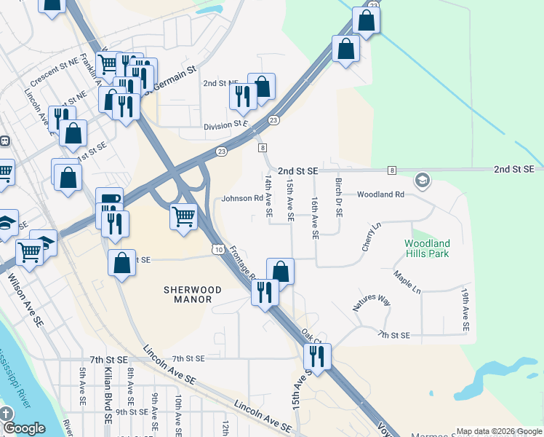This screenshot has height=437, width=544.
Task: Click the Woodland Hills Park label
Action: (x=427, y=248)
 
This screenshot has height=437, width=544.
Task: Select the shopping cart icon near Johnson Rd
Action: (x=183, y=216)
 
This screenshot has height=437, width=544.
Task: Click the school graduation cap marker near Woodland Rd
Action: (x=422, y=179)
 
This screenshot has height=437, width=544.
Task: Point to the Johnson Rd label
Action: (x=241, y=198)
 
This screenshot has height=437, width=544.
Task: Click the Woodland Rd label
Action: (x=380, y=194)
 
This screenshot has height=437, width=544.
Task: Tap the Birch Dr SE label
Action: (x=338, y=199)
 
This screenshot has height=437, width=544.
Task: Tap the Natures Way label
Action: (x=372, y=300)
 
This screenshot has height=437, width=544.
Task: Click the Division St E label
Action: (x=227, y=125)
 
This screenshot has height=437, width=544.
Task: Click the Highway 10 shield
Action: (x=218, y=250)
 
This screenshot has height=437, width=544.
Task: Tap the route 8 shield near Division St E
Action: (x=261, y=148)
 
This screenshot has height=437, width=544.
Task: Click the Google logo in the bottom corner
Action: (x=25, y=428)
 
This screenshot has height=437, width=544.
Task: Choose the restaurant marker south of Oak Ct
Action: (x=316, y=356)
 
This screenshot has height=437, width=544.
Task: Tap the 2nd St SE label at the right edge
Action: (x=513, y=169)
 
